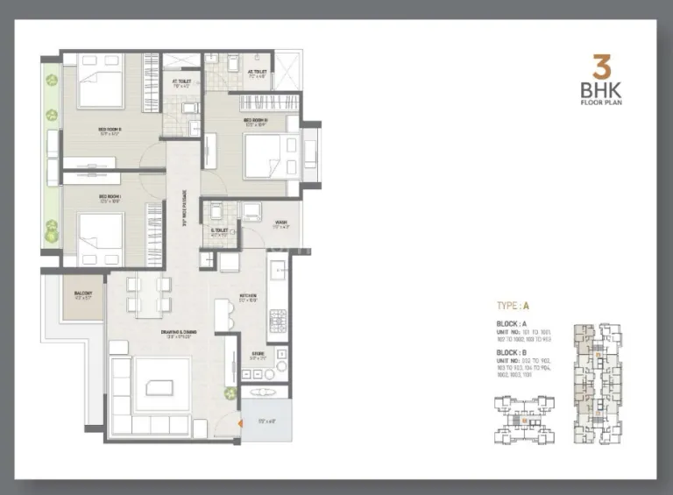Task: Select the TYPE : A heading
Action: click(x=513, y=307)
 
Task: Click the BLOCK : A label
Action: click(x=514, y=324)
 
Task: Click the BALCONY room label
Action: click(x=82, y=293)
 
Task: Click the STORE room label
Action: click(x=256, y=356)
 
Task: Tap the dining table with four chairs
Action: click(x=145, y=294)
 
